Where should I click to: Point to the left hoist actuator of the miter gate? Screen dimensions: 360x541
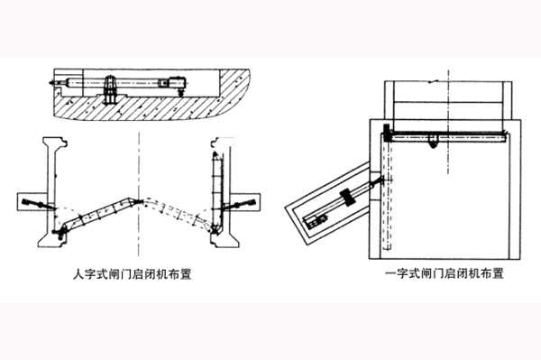pyautogui.click(x=36, y=202)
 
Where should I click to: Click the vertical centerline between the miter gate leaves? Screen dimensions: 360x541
pyautogui.click(x=140, y=162)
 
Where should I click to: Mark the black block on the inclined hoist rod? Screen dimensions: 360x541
pyautogui.click(x=347, y=198)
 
